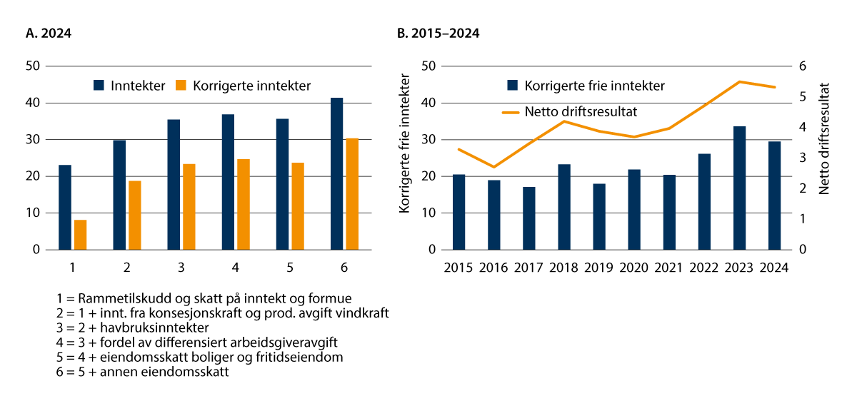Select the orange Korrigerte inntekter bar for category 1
pos(81,235)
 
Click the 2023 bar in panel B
pos(739,188)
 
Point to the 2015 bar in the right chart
pos(458,212)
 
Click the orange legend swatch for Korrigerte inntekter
pos(181,86)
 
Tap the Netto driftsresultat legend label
pos(581,111)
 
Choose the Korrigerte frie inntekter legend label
pos(594,86)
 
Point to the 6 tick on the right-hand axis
pos(803,66)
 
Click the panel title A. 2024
pos(49,33)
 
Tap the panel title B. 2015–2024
pos(438,33)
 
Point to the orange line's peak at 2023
pos(739,81)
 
